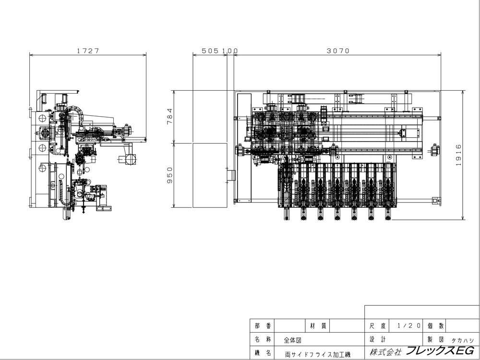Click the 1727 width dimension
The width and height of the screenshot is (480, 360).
click(88, 50)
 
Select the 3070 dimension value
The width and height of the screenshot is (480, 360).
click(338, 50)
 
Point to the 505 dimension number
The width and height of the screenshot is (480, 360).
click(210, 50)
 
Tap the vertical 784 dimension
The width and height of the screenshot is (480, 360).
click(169, 117)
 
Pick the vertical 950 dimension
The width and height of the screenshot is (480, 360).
click(169, 175)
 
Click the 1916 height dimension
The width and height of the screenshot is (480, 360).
click(458, 155)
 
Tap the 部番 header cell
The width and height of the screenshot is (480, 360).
click(262, 325)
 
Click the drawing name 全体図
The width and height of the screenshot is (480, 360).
click(292, 339)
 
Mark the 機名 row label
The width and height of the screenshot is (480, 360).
click(262, 353)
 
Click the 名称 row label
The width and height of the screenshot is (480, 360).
click(262, 339)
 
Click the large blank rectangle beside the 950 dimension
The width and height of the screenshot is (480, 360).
click(210, 175)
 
